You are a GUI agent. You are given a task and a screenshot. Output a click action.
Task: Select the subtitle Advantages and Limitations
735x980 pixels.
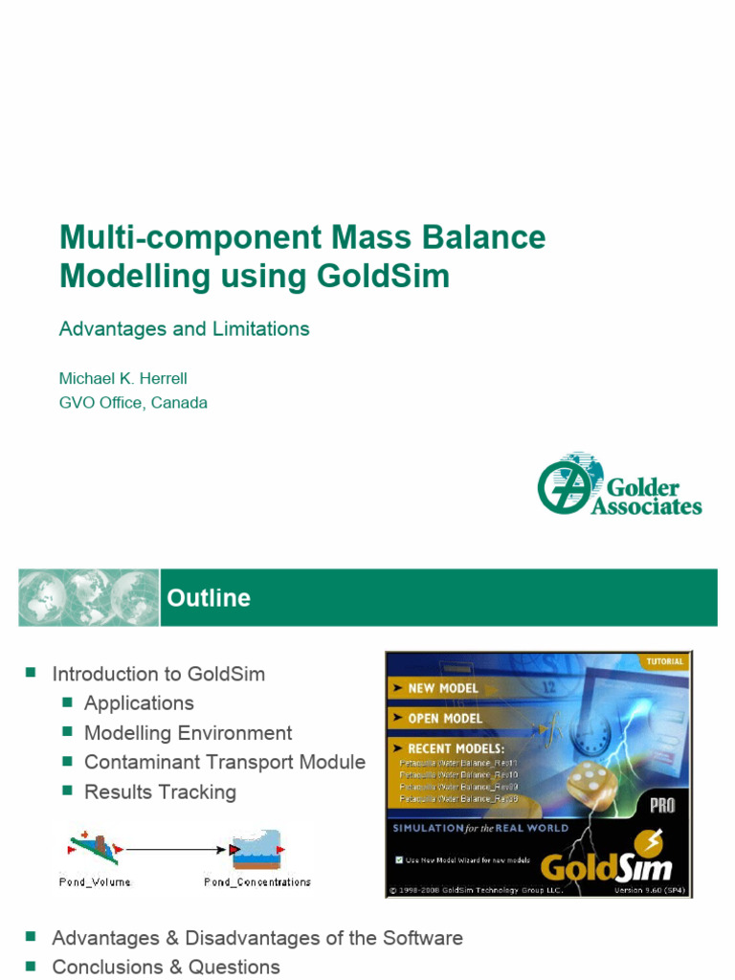pyautogui.click(x=184, y=329)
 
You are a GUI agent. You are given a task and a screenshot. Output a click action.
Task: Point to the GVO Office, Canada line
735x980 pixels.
pyautogui.click(x=133, y=403)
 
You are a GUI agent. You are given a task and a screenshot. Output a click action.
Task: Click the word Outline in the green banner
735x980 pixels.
pyautogui.click(x=209, y=598)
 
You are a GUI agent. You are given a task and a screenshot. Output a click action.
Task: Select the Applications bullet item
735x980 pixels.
pyautogui.click(x=139, y=703)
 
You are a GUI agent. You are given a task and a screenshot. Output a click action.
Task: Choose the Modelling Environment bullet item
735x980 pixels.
pyautogui.click(x=188, y=733)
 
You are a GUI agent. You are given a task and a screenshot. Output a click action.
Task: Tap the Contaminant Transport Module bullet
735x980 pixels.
pyautogui.click(x=224, y=763)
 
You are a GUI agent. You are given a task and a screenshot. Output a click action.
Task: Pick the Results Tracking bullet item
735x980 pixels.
pyautogui.click(x=160, y=792)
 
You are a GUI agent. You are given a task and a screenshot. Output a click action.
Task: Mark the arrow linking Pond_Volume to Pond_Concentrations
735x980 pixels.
pyautogui.click(x=177, y=849)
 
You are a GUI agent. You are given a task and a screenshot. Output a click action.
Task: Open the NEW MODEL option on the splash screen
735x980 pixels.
pyautogui.click(x=442, y=688)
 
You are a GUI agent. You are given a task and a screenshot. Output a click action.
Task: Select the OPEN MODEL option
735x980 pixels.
pyautogui.click(x=444, y=718)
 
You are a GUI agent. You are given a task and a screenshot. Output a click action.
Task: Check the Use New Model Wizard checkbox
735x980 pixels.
pyautogui.click(x=399, y=859)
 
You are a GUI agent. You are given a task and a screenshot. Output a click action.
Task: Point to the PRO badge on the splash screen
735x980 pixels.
pyautogui.click(x=662, y=806)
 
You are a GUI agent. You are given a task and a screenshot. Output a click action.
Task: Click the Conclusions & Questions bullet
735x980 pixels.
pyautogui.click(x=166, y=968)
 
